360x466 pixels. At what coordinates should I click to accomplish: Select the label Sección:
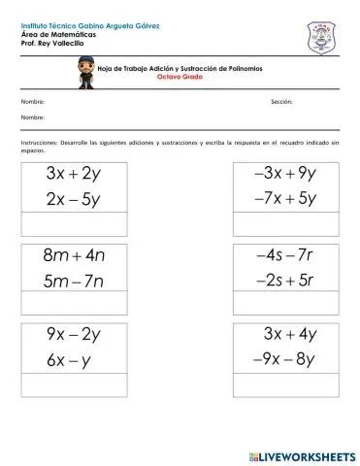(281, 101)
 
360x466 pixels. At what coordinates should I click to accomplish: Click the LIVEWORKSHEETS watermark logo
(301, 455)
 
